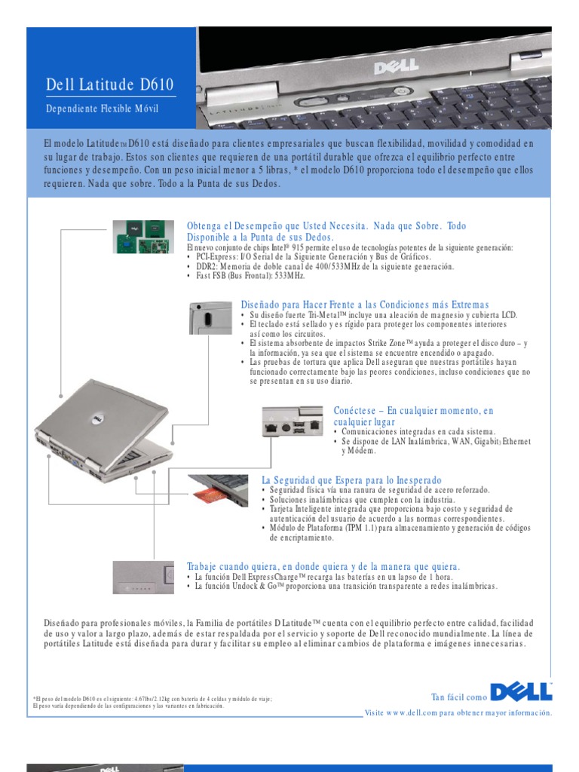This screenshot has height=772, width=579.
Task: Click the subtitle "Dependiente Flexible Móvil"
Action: (x=103, y=109)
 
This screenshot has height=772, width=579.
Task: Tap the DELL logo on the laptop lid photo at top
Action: (x=395, y=69)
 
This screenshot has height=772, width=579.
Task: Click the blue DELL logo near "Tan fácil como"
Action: (x=522, y=693)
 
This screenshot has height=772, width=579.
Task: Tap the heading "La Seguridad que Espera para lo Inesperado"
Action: (x=351, y=480)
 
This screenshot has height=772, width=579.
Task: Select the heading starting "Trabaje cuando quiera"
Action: (x=323, y=566)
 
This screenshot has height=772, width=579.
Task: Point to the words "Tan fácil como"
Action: (x=458, y=697)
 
